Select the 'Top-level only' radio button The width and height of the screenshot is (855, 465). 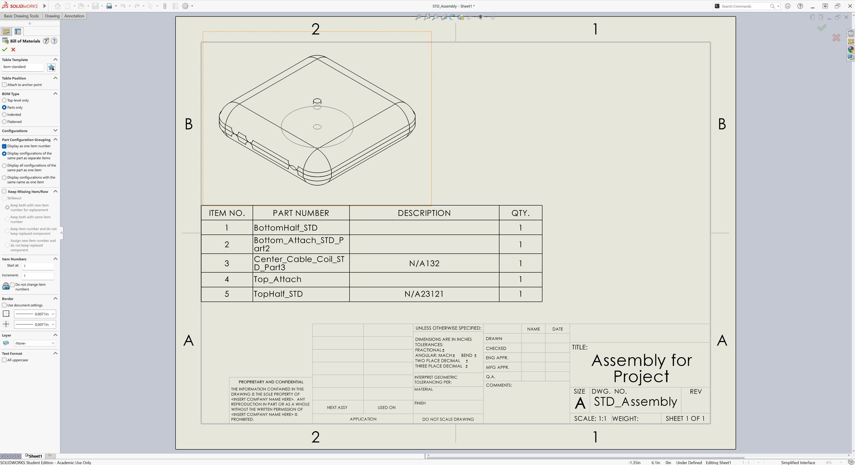click(4, 100)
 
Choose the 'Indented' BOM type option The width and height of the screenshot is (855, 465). click(4, 114)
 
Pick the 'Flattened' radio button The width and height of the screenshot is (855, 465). click(4, 122)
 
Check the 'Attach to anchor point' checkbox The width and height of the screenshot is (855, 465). click(4, 85)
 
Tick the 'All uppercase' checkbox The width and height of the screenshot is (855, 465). click(4, 360)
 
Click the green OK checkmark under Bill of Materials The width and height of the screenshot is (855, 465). click(5, 49)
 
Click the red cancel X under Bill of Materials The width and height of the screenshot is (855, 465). click(13, 49)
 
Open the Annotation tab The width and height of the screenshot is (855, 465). click(74, 16)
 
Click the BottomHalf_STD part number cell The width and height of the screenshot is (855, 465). click(301, 228)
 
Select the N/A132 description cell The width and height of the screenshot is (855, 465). click(424, 263)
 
